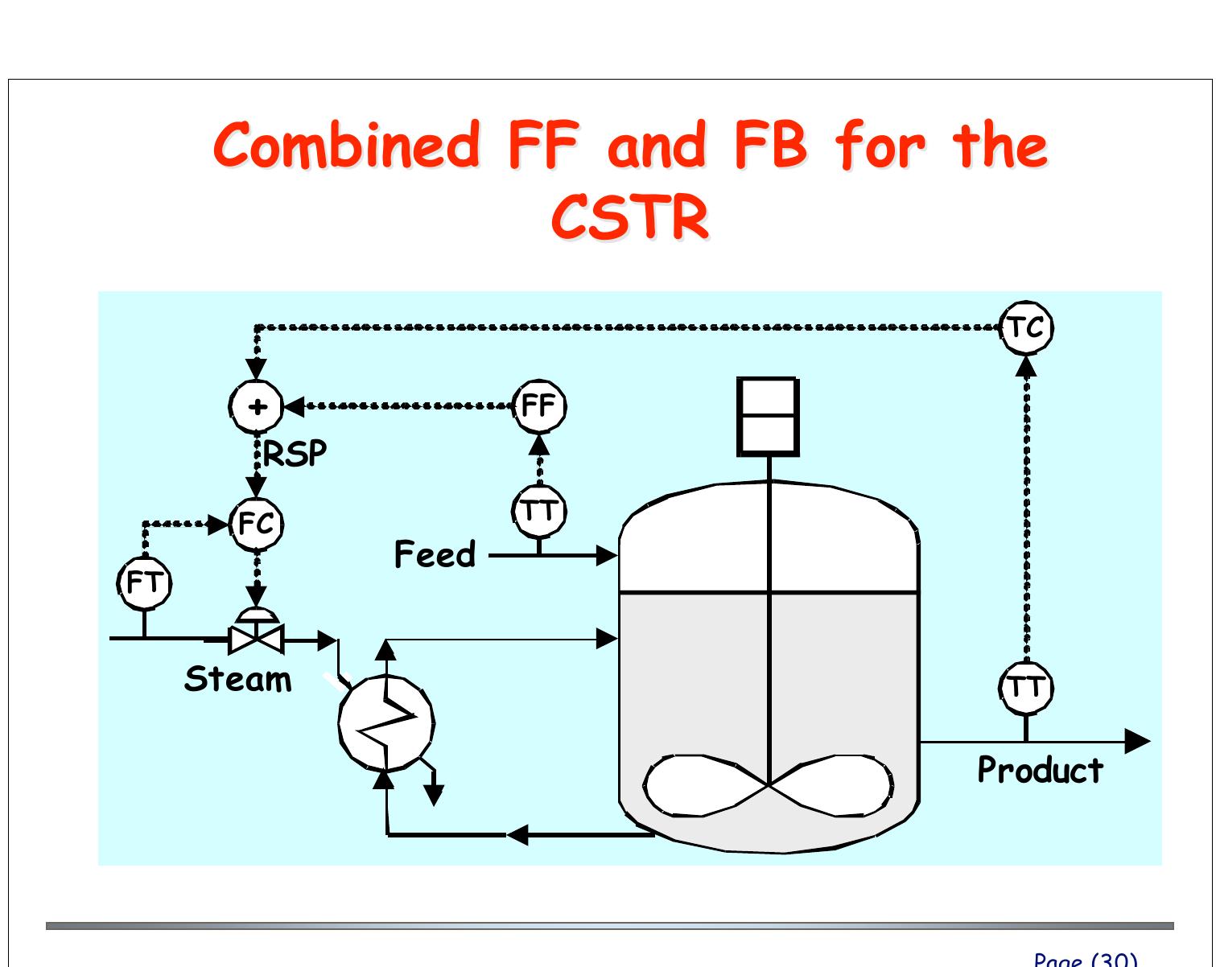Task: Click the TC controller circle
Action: [x=1026, y=328]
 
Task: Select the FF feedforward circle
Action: [x=539, y=406]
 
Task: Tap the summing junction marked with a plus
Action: [x=257, y=406]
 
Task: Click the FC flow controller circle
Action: [x=257, y=525]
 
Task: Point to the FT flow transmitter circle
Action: [x=145, y=582]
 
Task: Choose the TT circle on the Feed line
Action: [x=539, y=511]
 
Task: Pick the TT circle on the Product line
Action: [x=1026, y=689]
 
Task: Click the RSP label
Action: [x=295, y=455]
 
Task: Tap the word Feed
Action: [x=435, y=555]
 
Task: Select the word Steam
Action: [x=238, y=680]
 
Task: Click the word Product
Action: [x=1040, y=771]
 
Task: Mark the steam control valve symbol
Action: [x=256, y=636]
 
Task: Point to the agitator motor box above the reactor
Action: [x=769, y=416]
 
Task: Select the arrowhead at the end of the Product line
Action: [x=1137, y=741]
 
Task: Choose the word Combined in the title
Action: [x=347, y=145]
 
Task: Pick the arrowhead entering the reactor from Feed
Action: [x=607, y=555]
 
